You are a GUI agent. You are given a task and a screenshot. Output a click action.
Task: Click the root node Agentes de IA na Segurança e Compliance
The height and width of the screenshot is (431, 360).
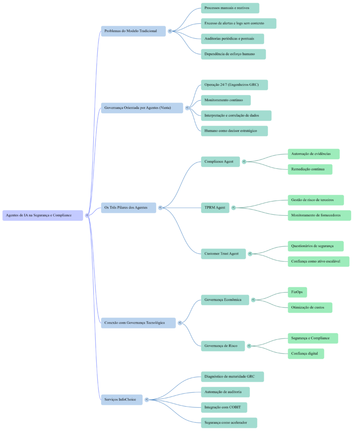coord(42,215)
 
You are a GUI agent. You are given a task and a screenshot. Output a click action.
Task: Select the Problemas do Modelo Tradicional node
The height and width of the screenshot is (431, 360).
coord(133,31)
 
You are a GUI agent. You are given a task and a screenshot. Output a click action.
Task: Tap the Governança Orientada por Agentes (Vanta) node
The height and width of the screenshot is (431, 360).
coord(142,108)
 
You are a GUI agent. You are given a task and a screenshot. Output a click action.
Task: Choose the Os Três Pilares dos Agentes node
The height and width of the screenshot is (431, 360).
coord(128,208)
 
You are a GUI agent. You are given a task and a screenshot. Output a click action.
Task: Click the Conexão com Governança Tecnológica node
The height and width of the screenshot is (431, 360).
coord(138,323)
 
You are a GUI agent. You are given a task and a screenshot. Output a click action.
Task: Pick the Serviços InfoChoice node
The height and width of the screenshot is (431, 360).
coord(122,399)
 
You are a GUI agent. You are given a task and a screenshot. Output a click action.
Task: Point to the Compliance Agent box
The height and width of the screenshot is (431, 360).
coord(220,162)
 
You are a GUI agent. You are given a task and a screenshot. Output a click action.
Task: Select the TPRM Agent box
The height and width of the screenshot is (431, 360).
coord(215,208)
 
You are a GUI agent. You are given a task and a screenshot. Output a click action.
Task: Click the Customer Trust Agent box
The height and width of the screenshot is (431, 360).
coord(223,254)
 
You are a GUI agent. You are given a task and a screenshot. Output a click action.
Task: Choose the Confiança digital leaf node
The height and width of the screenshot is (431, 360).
coord(306,354)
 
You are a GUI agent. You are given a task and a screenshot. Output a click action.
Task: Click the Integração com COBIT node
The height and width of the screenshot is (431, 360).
coord(224,407)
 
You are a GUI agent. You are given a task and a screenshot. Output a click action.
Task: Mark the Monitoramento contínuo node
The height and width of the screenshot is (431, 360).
coord(225,100)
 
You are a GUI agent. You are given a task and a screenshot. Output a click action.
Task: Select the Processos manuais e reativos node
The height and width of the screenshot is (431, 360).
coord(230,8)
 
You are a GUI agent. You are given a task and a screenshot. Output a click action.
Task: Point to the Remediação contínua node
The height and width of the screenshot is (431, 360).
coord(310,169)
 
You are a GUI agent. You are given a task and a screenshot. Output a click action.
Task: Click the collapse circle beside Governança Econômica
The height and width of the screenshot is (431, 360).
coord(253,300)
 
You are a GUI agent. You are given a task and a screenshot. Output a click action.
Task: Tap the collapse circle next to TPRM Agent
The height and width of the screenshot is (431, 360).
coord(234,208)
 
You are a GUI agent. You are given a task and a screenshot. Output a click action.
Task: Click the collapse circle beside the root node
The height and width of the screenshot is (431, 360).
coord(87,215)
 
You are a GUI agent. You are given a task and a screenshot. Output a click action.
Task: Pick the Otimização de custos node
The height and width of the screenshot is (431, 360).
coord(310,308)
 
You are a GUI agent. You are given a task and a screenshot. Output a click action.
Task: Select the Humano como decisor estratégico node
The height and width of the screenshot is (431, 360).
coord(234,131)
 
